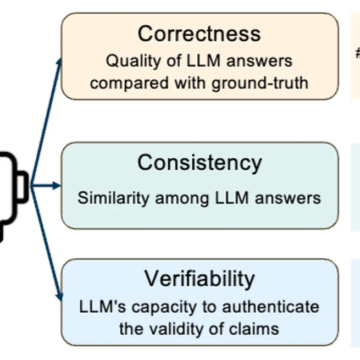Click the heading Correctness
coord(199,34)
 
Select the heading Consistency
coord(199,163)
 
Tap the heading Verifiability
coord(199,279)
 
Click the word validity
coord(178,329)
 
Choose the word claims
coord(254,329)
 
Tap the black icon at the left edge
coord(11,187)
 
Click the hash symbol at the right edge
coord(357,53)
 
